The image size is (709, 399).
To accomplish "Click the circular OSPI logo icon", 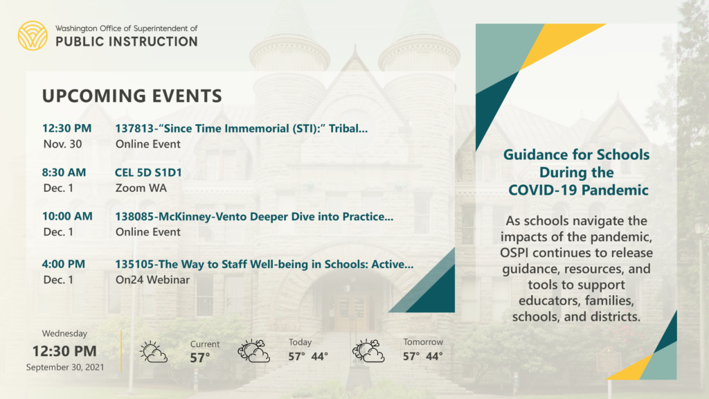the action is tap(33, 35).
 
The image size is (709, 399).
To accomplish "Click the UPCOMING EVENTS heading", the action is tap(132, 96).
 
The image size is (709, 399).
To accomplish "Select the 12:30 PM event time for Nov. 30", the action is tap(67, 128).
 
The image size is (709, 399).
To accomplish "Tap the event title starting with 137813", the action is tap(241, 128).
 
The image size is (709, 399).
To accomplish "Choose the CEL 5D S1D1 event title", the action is tap(148, 172).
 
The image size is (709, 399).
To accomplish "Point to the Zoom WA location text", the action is tap(141, 188).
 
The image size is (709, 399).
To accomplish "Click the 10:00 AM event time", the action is tap(67, 216).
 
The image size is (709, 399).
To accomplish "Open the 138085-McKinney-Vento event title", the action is tap(254, 216).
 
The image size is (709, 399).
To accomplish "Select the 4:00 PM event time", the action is tap(63, 264).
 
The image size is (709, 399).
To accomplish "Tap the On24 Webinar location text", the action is tap(152, 280).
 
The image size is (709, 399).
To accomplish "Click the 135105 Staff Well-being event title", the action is tap(264, 264).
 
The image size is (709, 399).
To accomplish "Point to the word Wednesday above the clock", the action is tap(64, 333).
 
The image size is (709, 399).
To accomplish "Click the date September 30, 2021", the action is tap(65, 367).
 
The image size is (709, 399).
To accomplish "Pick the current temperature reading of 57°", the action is tap(200, 358).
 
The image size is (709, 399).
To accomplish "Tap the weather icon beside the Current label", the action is tap(154, 352).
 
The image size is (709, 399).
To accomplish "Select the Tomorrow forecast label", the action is tap(423, 342).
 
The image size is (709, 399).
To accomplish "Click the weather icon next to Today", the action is tap(253, 351).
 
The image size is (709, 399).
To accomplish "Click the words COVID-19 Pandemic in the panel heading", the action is tap(578, 190).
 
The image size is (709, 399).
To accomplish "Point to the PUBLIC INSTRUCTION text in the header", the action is tap(127, 42).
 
